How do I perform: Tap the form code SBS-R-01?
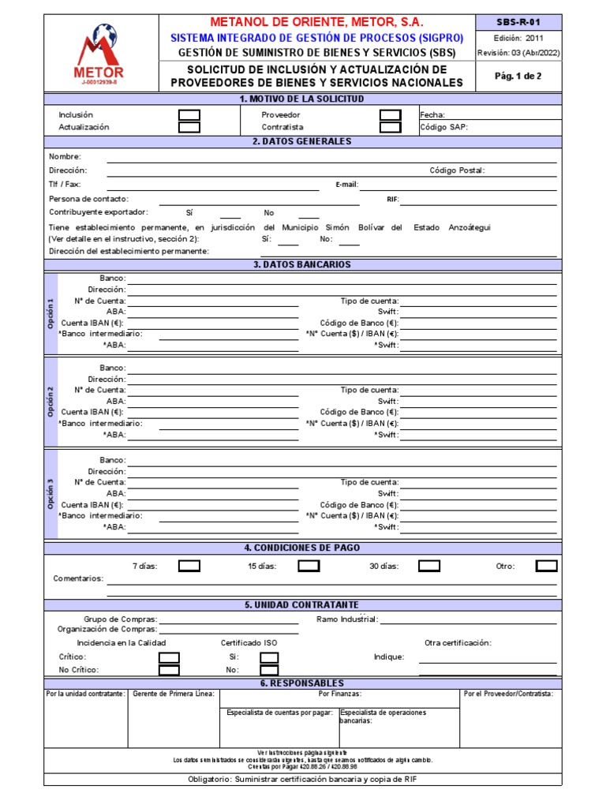pyautogui.click(x=518, y=22)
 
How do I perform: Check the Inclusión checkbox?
pyautogui.click(x=189, y=115)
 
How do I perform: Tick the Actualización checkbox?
pyautogui.click(x=189, y=127)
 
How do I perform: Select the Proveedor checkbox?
pyautogui.click(x=391, y=115)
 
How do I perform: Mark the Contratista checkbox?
pyautogui.click(x=391, y=127)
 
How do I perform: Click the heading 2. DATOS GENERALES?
pyautogui.click(x=302, y=141)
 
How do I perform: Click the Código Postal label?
pyautogui.click(x=457, y=170)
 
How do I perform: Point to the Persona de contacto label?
pyautogui.click(x=88, y=199)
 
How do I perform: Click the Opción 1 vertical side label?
pyautogui.click(x=51, y=312)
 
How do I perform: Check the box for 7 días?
pyautogui.click(x=189, y=566)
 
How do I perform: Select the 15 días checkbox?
pyautogui.click(x=309, y=566)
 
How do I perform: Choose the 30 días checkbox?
pyautogui.click(x=429, y=566)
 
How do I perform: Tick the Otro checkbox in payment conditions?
pyautogui.click(x=546, y=566)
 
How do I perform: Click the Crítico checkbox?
pyautogui.click(x=169, y=657)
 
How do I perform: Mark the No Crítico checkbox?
pyautogui.click(x=169, y=670)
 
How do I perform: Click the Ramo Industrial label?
pyautogui.click(x=347, y=619)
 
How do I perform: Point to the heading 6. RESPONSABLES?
pyautogui.click(x=302, y=683)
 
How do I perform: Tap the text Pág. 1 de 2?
pyautogui.click(x=518, y=76)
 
